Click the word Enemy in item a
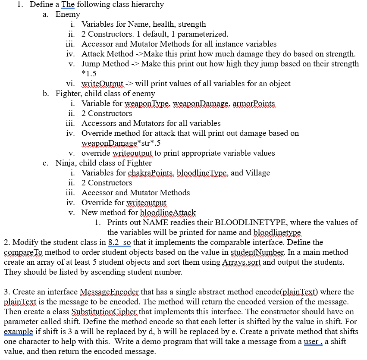click(68, 14)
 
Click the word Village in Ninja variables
click(257, 173)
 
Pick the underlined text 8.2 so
click(120, 242)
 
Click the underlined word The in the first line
click(68, 4)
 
